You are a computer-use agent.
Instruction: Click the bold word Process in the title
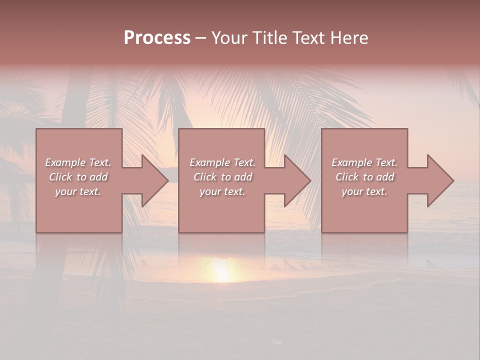coord(157,38)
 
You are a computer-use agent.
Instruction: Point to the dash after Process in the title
coord(200,38)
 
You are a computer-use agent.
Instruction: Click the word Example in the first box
coord(65,162)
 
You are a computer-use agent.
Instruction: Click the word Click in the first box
coord(60,177)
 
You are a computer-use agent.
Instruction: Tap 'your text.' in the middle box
coord(222,191)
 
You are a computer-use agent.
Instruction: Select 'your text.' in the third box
coord(364,191)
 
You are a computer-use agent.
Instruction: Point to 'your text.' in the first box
coord(78,191)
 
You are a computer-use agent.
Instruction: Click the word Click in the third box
coord(347,177)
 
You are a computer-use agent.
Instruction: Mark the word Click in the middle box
coord(205,177)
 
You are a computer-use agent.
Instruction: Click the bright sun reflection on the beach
coord(222,270)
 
